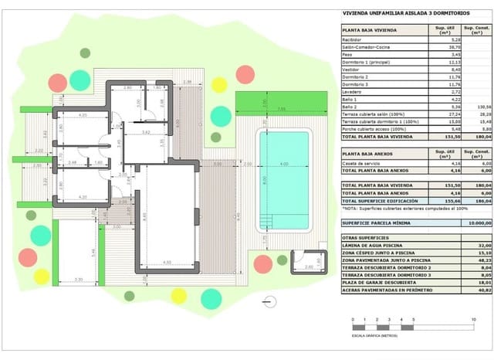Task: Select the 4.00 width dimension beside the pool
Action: [284, 164]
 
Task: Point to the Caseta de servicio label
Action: [361, 164]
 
